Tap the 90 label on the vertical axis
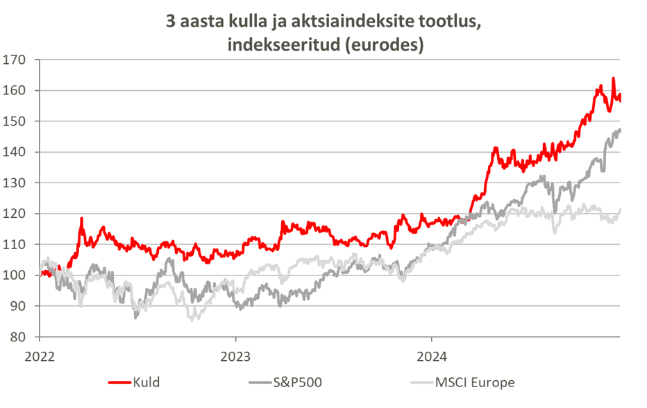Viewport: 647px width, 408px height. [19, 306]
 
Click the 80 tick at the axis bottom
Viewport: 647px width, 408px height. [19, 337]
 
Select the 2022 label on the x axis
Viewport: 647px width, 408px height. [39, 355]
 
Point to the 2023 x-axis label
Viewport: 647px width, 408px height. [235, 355]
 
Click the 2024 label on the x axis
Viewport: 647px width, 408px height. [430, 355]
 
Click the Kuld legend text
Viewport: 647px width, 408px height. [146, 382]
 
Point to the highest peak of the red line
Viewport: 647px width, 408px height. [613, 78]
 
